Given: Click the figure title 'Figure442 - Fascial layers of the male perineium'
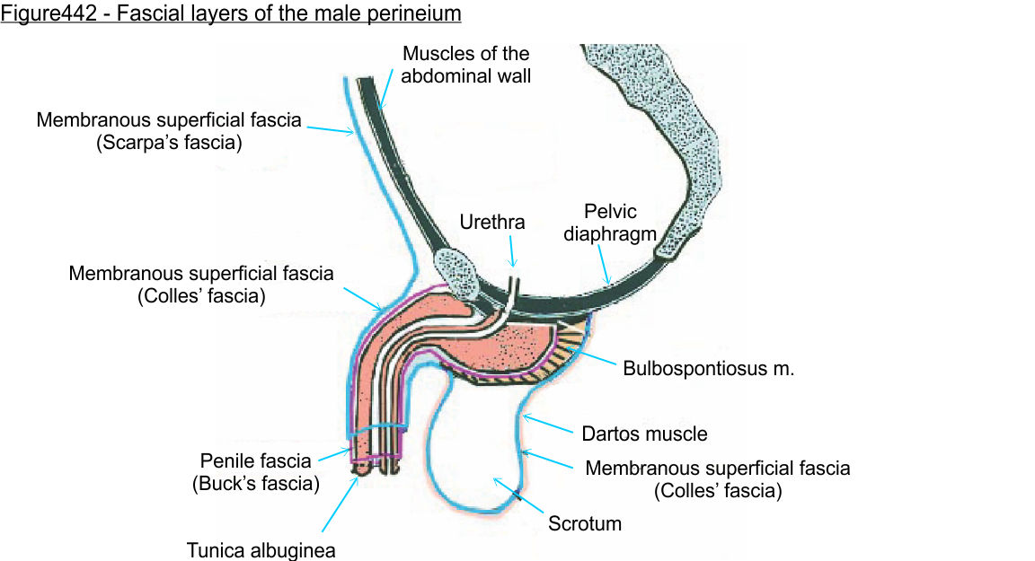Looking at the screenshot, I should (232, 14).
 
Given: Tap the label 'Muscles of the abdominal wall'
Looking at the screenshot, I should (465, 65).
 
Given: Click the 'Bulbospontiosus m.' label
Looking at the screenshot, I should (709, 368).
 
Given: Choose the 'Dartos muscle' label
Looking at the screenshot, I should (644, 434).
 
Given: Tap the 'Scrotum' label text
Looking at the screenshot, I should (585, 522).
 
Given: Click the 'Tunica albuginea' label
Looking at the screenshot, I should (261, 549).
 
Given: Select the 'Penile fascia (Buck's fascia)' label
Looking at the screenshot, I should (255, 473).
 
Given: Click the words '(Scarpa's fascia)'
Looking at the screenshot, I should (169, 142).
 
